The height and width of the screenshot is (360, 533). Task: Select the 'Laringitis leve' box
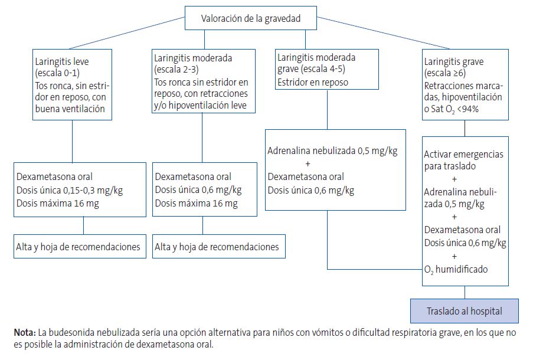click(72, 85)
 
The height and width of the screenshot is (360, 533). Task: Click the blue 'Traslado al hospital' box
click(465, 310)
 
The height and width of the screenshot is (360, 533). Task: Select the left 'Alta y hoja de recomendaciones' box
click(79, 246)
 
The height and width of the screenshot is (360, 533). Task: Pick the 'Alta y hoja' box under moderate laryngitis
click(218, 246)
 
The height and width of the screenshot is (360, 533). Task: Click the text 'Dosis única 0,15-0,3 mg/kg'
click(70, 190)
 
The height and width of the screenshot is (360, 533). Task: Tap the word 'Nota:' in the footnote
click(25, 333)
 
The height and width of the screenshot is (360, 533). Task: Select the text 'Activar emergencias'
click(464, 154)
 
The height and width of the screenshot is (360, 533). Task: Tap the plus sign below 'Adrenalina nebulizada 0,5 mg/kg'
click(307, 163)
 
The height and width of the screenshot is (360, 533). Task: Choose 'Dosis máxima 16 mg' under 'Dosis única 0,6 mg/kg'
click(197, 204)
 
